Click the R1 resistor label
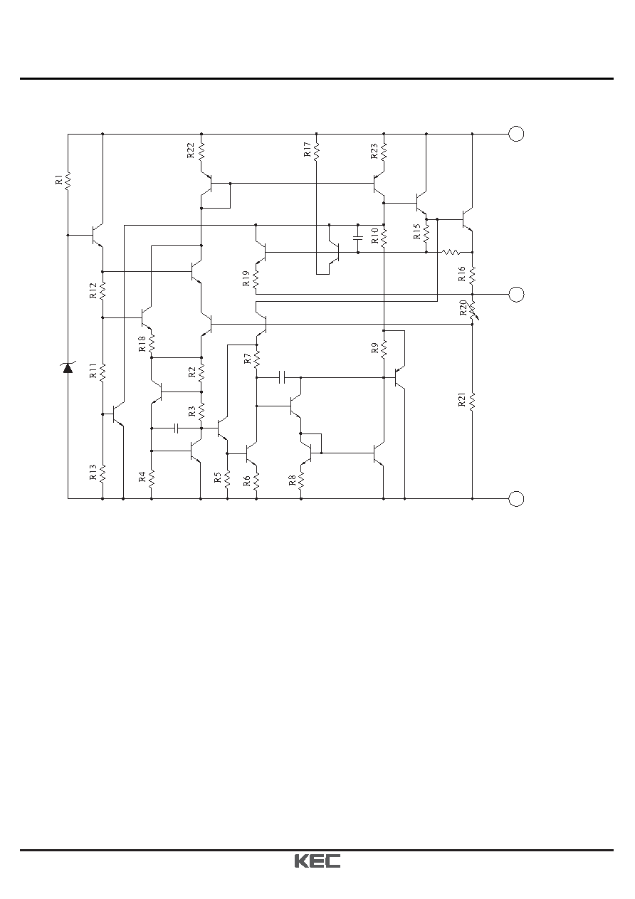pyautogui.click(x=58, y=179)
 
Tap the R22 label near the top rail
pyautogui.click(x=191, y=150)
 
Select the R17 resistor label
pyautogui.click(x=308, y=149)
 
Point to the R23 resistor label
pyautogui.click(x=374, y=152)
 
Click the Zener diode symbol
pyautogui.click(x=68, y=367)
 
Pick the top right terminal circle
pyautogui.click(x=516, y=134)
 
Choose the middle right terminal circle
pyautogui.click(x=516, y=295)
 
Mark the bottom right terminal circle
pyautogui.click(x=516, y=499)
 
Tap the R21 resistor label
pyautogui.click(x=461, y=400)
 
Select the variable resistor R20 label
pyautogui.click(x=463, y=307)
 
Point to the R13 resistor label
pyautogui.click(x=93, y=473)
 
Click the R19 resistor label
pyautogui.click(x=246, y=278)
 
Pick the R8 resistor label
pyautogui.click(x=292, y=480)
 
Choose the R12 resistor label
pyautogui.click(x=93, y=290)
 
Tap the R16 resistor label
pyautogui.click(x=461, y=274)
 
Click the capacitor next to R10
pyautogui.click(x=358, y=238)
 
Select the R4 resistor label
pyautogui.click(x=142, y=477)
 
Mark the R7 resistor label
pyautogui.click(x=248, y=359)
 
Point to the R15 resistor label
pyautogui.click(x=417, y=231)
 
